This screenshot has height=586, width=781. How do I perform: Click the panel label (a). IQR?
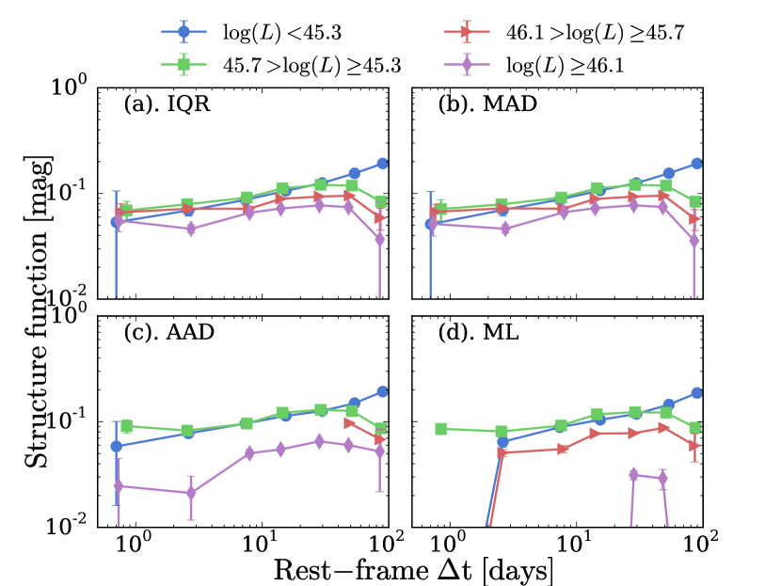(x=167, y=104)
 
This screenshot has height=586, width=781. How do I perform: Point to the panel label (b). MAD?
(x=483, y=104)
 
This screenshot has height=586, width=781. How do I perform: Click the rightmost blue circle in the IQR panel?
(x=383, y=164)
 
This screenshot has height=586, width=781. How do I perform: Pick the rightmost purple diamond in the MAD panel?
(x=694, y=241)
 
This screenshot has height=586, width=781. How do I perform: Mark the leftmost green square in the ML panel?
(x=440, y=429)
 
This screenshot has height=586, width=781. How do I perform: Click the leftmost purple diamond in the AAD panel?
(x=118, y=486)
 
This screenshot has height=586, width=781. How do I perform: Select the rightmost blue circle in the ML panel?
(x=697, y=392)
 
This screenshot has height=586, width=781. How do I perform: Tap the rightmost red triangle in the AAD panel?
(x=379, y=439)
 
